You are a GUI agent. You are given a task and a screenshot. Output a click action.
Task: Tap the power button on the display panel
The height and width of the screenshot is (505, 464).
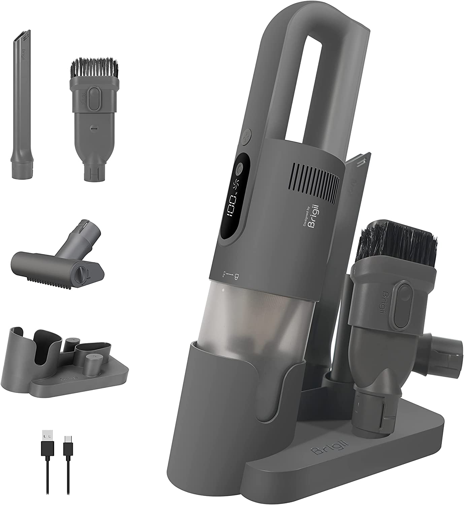[239, 168]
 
